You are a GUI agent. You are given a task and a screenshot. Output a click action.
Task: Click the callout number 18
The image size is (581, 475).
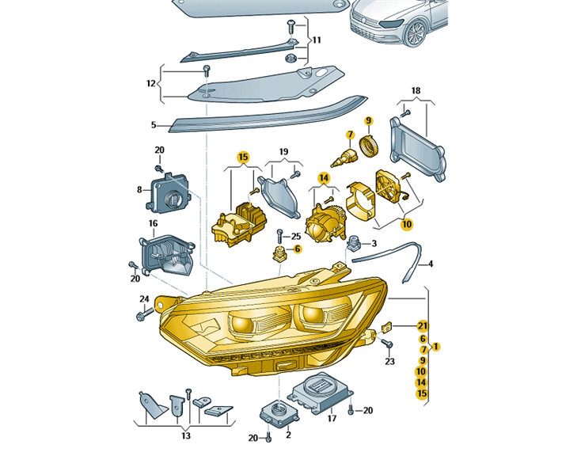click(416, 92)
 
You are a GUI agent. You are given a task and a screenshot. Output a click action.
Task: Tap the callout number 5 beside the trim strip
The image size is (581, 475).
click(155, 124)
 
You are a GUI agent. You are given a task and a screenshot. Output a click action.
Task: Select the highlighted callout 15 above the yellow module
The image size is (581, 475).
click(243, 157)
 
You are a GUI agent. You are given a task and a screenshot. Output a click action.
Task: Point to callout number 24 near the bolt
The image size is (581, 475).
click(144, 298)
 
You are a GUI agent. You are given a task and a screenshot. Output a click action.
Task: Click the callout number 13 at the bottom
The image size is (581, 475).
click(184, 435)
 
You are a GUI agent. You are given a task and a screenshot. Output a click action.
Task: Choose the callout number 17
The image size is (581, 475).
click(332, 418)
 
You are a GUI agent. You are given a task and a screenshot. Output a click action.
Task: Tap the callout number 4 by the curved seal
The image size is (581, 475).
click(431, 264)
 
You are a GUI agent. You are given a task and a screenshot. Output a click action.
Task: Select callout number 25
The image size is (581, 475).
click(295, 237)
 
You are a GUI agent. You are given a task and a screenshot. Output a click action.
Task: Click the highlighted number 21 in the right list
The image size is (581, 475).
click(422, 325)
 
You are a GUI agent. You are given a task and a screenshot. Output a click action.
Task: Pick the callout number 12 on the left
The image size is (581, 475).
click(150, 82)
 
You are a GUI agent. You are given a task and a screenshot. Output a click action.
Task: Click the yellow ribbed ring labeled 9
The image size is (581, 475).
click(366, 146)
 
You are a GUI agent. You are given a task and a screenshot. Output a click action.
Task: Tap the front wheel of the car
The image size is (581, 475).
click(415, 32)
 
